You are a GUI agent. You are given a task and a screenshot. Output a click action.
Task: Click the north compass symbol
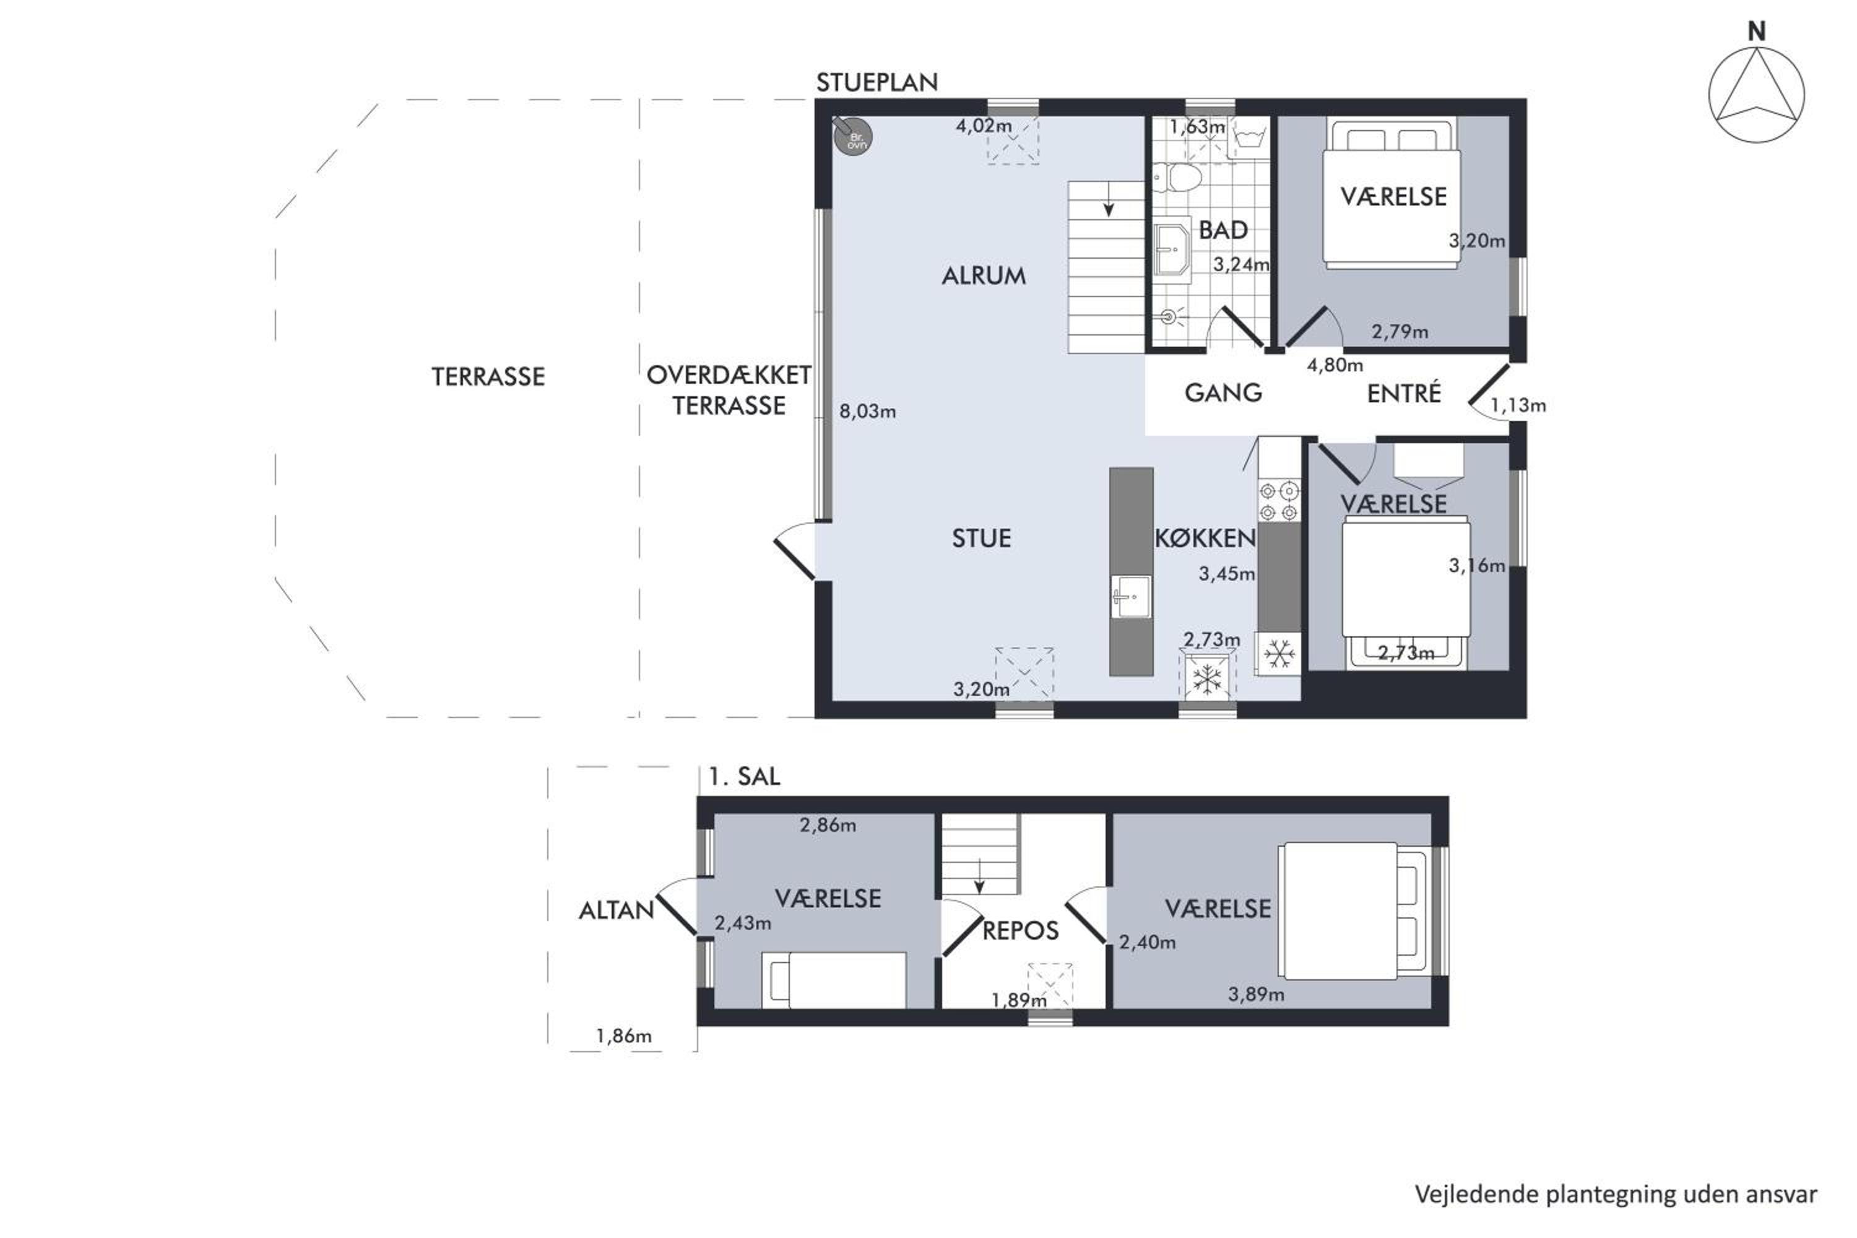click(1756, 87)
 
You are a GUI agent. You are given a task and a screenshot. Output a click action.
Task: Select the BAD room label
click(1223, 230)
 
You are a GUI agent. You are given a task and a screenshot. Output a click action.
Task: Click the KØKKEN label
click(1205, 538)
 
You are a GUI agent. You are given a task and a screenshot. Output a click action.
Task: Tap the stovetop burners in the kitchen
click(1279, 501)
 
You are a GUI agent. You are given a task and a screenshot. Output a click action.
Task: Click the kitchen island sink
click(1131, 597)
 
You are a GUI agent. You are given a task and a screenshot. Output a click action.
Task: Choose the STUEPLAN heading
click(877, 82)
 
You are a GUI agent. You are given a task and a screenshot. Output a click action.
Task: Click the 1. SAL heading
click(745, 776)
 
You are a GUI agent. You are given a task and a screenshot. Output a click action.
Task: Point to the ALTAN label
click(616, 911)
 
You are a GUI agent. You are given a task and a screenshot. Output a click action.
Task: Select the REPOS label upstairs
click(1020, 930)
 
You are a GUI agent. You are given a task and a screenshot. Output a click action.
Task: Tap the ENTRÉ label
click(1404, 392)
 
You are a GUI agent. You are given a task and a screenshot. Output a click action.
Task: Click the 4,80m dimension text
click(1335, 365)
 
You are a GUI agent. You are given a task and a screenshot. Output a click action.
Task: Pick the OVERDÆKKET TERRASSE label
click(729, 390)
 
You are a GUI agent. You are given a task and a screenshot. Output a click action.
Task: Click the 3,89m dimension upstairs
click(1255, 994)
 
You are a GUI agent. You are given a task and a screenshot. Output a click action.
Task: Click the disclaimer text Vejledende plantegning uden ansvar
click(1616, 1195)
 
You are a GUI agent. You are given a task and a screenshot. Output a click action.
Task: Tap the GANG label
click(1223, 392)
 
